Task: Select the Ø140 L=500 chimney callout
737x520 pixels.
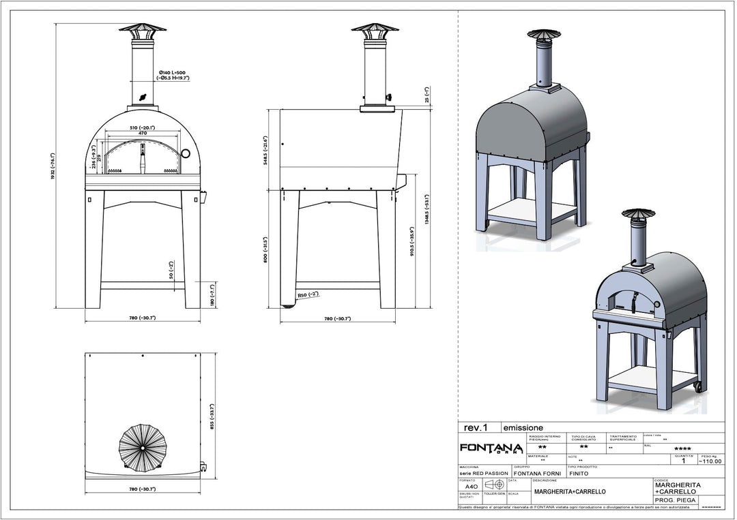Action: (174, 75)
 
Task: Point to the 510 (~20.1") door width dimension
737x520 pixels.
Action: (143, 128)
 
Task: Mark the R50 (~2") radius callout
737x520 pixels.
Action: (308, 295)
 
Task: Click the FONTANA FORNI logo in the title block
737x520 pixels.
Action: (491, 448)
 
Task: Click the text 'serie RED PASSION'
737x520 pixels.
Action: (483, 472)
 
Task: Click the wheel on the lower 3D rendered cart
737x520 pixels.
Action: (698, 386)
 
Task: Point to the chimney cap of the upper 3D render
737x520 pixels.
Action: (545, 35)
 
